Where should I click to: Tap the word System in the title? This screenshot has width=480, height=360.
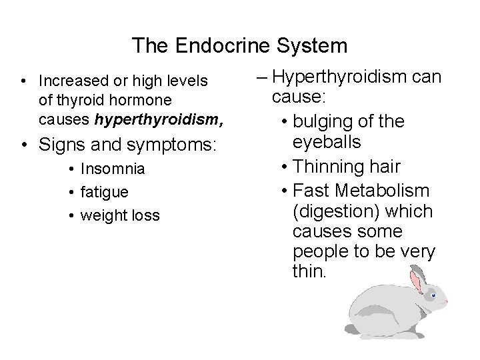tap(311, 45)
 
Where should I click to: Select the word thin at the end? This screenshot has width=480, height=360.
tap(306, 273)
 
